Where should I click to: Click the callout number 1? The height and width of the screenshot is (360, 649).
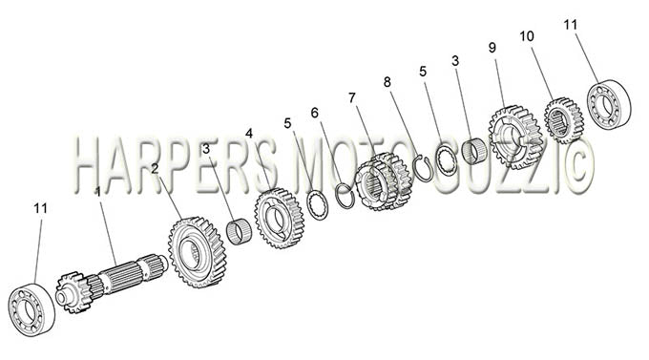(97, 192)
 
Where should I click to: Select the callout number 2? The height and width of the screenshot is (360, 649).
(155, 169)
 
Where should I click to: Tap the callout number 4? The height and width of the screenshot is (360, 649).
(249, 134)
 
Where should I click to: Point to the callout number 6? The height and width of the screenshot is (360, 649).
(315, 113)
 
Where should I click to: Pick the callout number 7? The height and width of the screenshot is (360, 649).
(352, 98)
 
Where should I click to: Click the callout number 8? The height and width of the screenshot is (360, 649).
(387, 82)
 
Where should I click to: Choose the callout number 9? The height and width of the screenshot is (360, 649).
(492, 48)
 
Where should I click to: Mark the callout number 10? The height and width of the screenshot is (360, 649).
(527, 36)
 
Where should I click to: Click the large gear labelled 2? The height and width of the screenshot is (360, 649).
(198, 252)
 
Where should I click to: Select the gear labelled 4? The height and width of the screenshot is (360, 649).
(280, 218)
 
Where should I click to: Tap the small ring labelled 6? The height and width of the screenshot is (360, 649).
(345, 195)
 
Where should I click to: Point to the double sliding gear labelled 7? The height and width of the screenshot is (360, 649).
(384, 181)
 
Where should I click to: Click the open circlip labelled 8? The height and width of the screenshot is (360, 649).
(424, 168)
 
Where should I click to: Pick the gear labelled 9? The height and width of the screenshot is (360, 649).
(515, 138)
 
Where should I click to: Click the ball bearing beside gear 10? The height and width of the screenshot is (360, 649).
(609, 104)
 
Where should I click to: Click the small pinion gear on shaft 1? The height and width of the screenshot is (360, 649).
(74, 292)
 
